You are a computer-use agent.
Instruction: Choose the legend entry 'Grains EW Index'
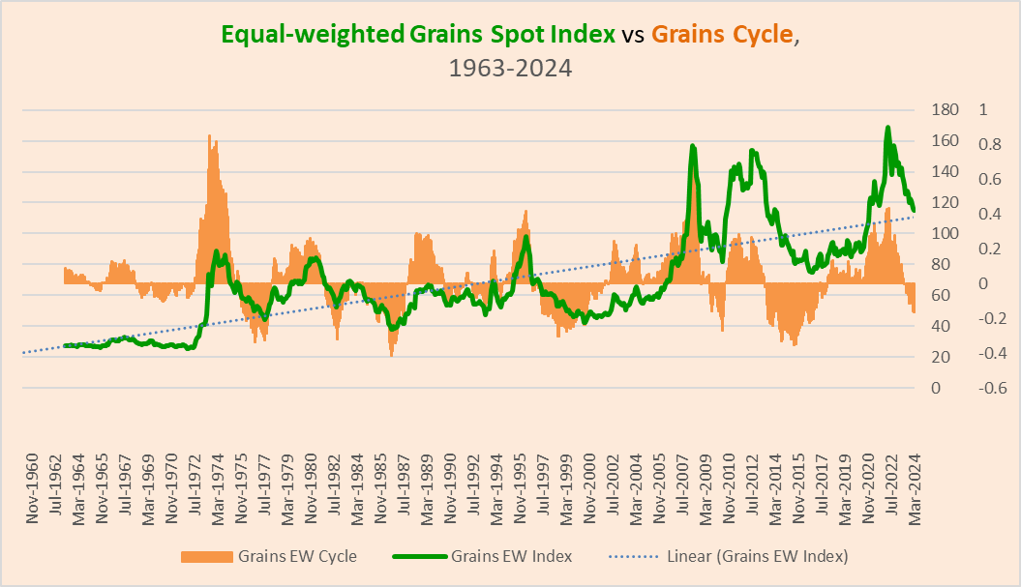coord(511,556)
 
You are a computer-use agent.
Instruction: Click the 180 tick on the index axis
coord(943,109)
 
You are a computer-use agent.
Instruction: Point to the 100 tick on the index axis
coord(943,233)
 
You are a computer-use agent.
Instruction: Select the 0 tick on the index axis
coord(935,388)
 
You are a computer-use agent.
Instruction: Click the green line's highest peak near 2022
coord(886,128)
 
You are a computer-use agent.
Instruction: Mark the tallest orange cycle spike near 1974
coord(209,136)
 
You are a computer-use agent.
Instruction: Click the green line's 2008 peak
coord(692,146)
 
